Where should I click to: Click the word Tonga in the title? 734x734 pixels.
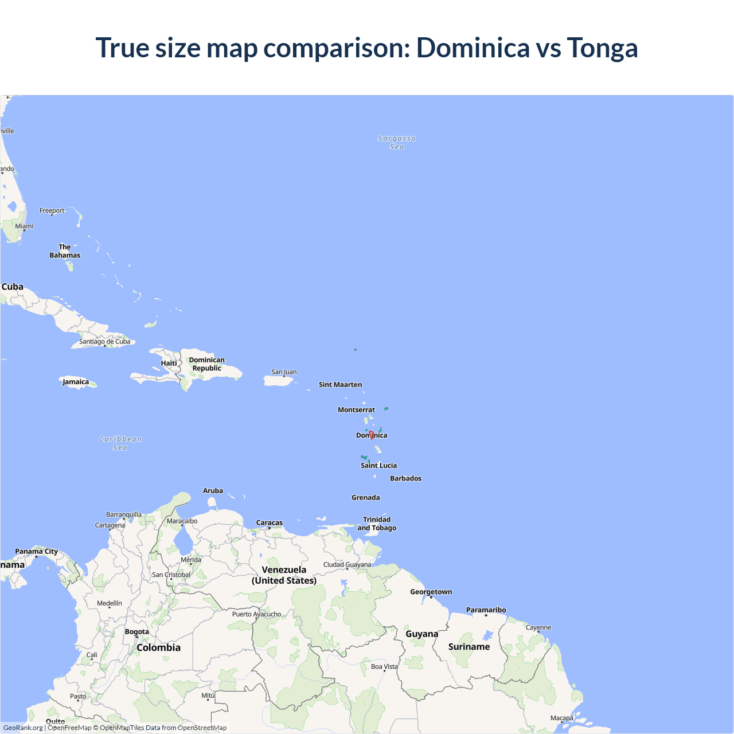click(x=602, y=48)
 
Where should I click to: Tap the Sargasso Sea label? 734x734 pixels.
click(x=397, y=142)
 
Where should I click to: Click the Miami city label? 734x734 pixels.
click(x=24, y=226)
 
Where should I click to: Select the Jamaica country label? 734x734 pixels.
click(x=76, y=382)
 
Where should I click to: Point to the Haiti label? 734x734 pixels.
click(x=169, y=363)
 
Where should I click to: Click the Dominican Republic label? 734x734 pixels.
click(x=207, y=364)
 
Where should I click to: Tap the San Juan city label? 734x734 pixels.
click(x=284, y=372)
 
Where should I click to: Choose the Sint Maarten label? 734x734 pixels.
click(x=340, y=385)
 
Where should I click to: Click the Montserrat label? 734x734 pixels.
click(x=356, y=410)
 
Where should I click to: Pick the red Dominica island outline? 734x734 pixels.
click(x=372, y=435)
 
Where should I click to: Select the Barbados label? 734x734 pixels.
click(x=405, y=478)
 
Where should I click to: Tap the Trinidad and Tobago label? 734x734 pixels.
click(x=377, y=524)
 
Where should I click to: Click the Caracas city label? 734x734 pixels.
click(x=270, y=523)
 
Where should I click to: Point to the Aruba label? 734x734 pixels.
click(x=213, y=491)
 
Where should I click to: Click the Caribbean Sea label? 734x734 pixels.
click(x=120, y=443)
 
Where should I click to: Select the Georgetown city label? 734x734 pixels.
click(x=431, y=592)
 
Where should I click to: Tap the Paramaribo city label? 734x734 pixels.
click(x=486, y=610)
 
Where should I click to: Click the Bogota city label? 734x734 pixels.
click(x=137, y=632)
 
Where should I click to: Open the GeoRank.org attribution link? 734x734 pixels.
click(x=23, y=728)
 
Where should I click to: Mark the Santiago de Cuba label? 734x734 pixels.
click(x=104, y=342)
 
